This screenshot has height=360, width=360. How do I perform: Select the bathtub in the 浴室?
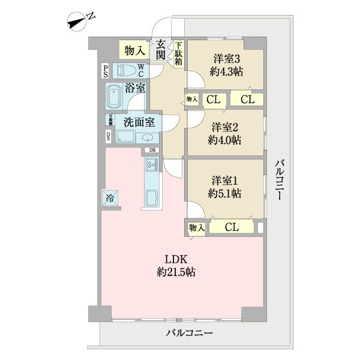pos(114,97)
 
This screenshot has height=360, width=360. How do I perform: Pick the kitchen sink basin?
pos(151,197)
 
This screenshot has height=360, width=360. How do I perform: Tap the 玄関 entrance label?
pos(160,49)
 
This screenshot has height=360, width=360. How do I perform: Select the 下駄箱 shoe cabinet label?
pos(179,53)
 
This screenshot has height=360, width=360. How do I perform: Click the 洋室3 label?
pos(226,59)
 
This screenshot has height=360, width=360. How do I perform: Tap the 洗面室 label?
pos(139,122)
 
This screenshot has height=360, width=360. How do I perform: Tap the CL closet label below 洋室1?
pos(232,227)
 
